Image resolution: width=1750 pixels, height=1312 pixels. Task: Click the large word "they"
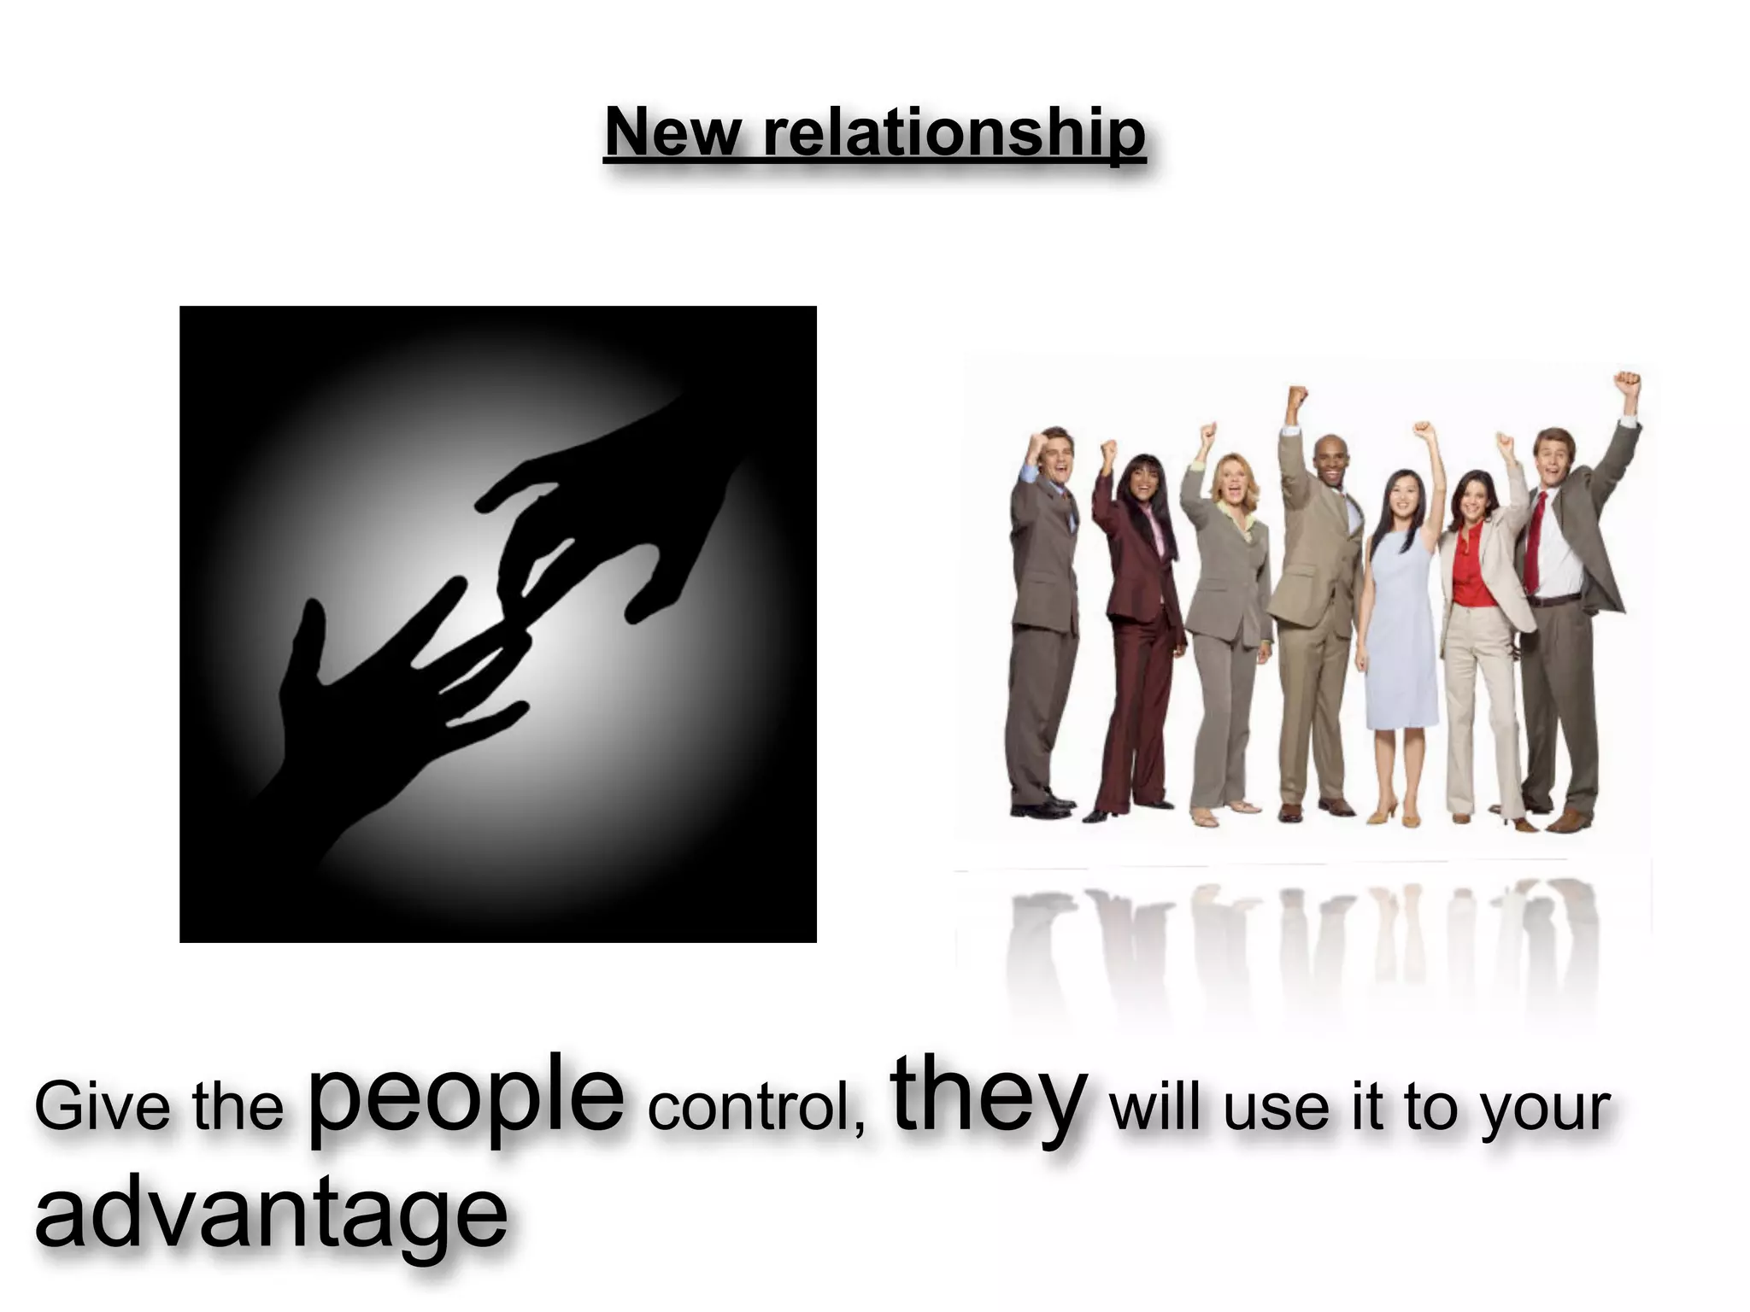click(x=989, y=1095)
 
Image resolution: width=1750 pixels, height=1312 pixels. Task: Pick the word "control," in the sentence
click(x=756, y=1107)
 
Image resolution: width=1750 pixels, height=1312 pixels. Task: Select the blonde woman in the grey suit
click(x=1230, y=598)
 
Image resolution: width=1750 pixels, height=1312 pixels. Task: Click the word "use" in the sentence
click(x=1277, y=1109)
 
